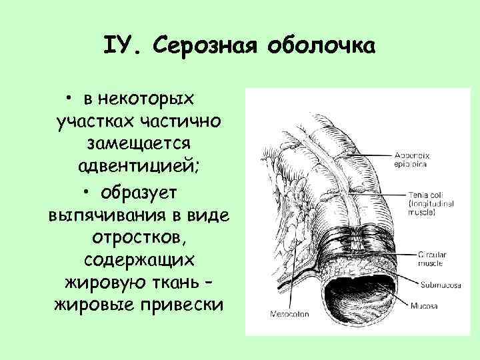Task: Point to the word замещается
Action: [x=139, y=144]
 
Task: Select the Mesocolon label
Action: [x=286, y=313]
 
